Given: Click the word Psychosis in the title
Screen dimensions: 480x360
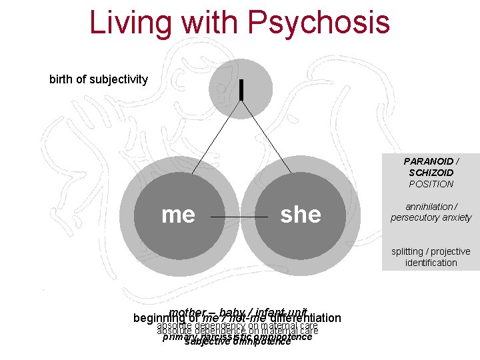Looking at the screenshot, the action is tap(318, 21).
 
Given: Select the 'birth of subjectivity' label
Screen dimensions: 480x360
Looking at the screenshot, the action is tap(99, 79).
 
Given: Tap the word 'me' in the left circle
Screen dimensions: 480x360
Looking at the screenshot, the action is tap(178, 214).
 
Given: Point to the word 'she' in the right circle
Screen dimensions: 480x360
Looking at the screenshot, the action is tap(301, 214).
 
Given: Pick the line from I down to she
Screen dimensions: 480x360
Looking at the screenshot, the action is tap(267, 133).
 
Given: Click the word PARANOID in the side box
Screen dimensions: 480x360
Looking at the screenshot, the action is tap(431, 161).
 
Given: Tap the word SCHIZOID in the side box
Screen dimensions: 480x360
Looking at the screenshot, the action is tap(431, 173).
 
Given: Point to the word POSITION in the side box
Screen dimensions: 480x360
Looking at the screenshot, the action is tap(431, 184).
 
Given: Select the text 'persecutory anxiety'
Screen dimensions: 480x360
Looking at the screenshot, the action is tap(431, 217).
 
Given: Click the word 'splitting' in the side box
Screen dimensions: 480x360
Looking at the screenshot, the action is tap(409, 251).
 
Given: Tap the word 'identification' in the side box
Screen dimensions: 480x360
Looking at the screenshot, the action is tap(431, 263).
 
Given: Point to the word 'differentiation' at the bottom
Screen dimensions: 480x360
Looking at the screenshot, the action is tap(303, 318).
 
